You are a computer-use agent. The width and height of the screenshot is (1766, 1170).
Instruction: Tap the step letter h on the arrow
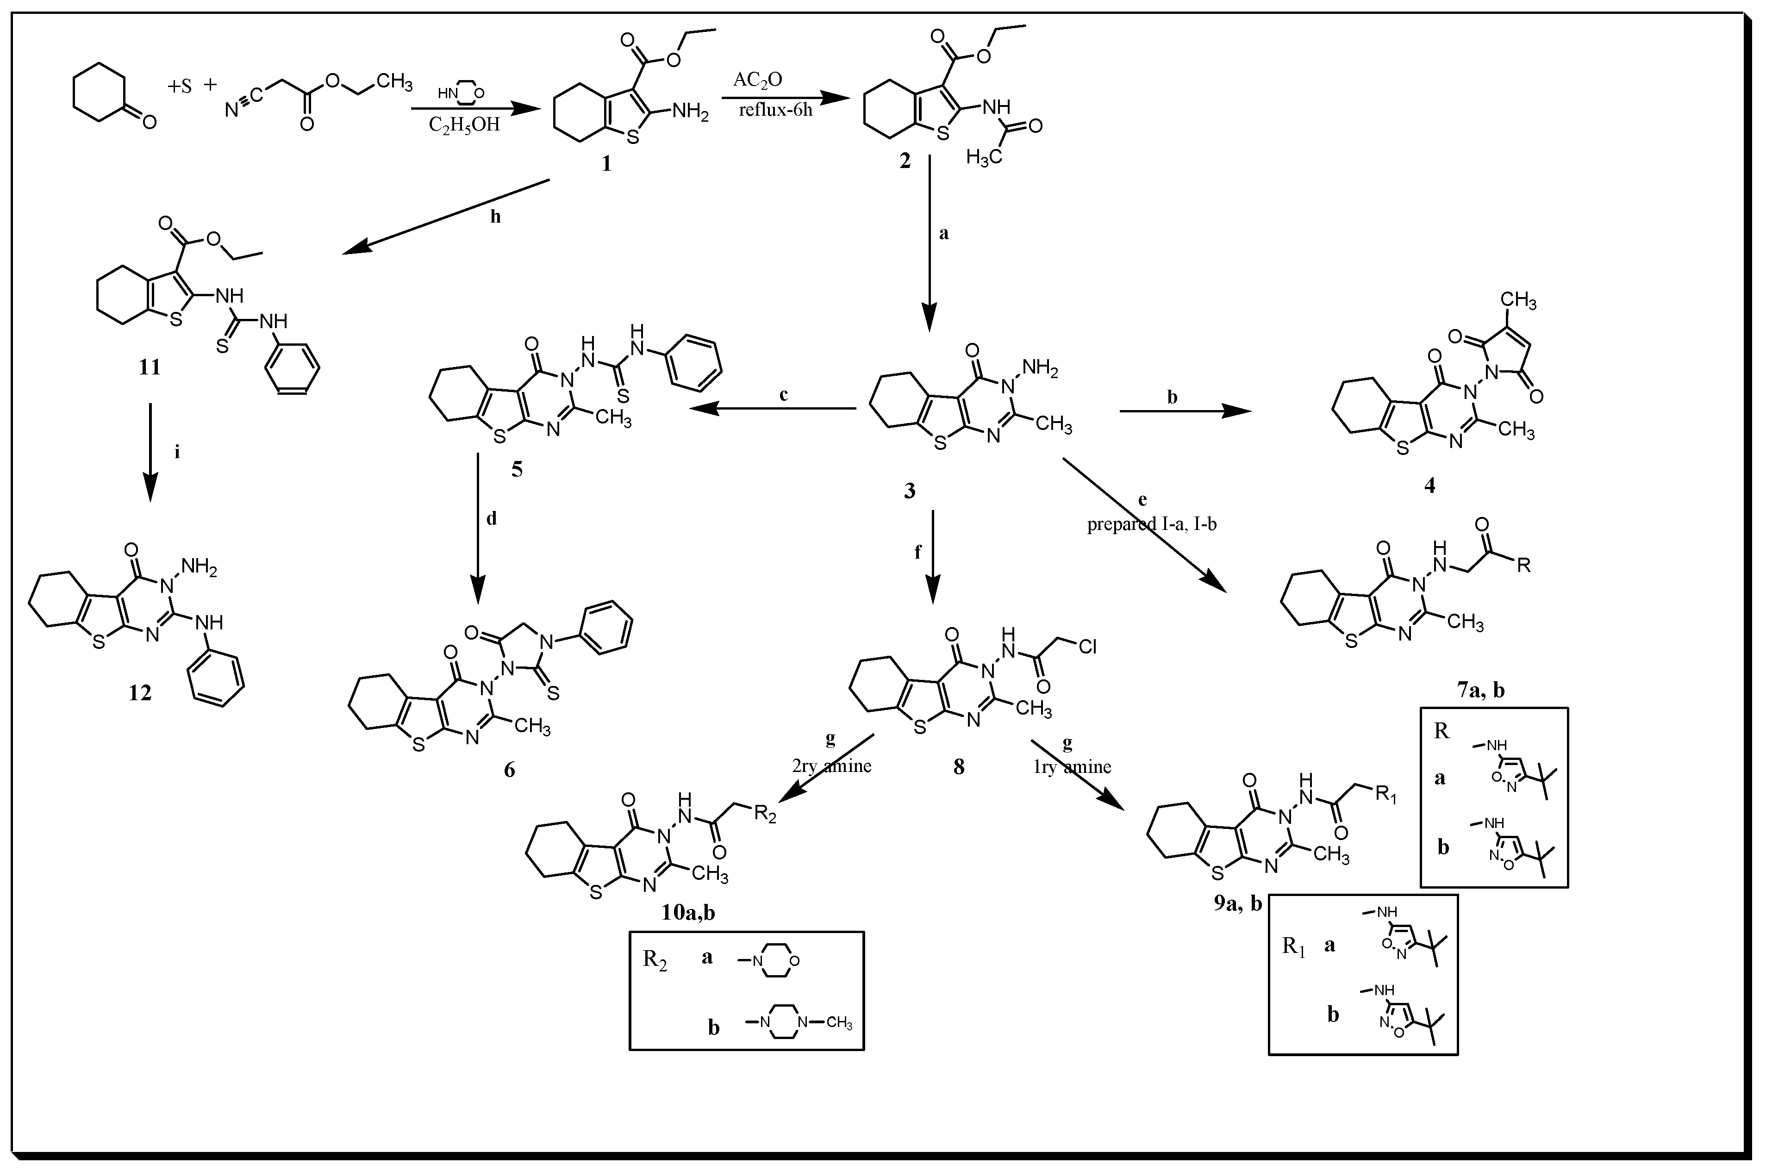[495, 217]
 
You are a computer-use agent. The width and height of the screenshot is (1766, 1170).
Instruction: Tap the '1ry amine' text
[1072, 766]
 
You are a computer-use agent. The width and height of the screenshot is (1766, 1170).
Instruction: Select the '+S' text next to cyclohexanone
[179, 87]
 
